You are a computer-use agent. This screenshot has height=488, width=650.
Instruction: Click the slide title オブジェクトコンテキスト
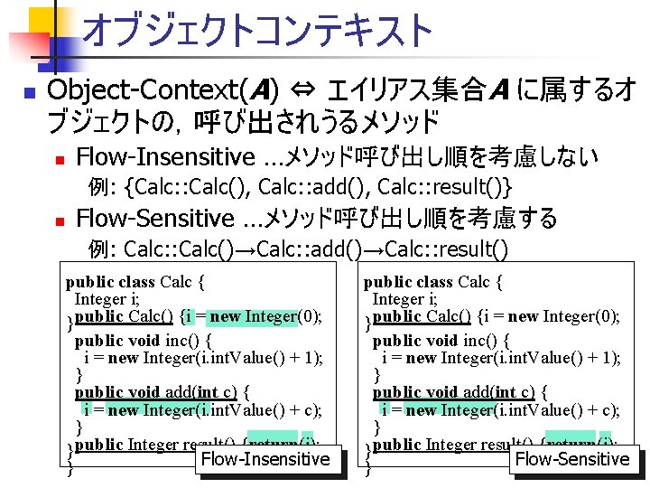(x=258, y=31)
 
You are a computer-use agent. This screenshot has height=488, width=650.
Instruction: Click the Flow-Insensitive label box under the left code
(x=265, y=458)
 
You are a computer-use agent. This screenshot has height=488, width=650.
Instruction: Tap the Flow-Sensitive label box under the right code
(x=572, y=458)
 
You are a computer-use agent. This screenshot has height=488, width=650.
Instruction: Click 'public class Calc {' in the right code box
(x=433, y=281)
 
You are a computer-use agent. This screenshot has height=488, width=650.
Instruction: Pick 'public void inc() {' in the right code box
(x=441, y=341)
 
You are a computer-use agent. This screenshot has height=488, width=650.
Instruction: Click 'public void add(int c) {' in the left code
(x=162, y=391)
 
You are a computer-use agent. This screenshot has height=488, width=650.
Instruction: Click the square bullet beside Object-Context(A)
(x=28, y=92)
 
